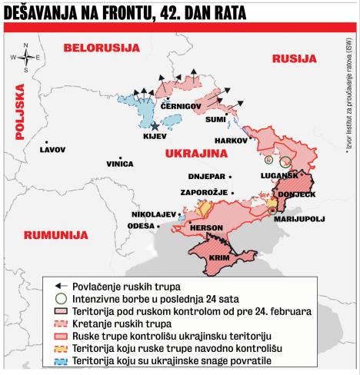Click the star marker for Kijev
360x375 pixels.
tap(155, 126)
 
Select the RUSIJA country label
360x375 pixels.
tap(295, 59)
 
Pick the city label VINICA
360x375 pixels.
tap(119, 164)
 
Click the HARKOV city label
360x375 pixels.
tap(230, 141)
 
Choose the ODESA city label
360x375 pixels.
tap(140, 226)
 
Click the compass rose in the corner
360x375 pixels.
tap(26, 57)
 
